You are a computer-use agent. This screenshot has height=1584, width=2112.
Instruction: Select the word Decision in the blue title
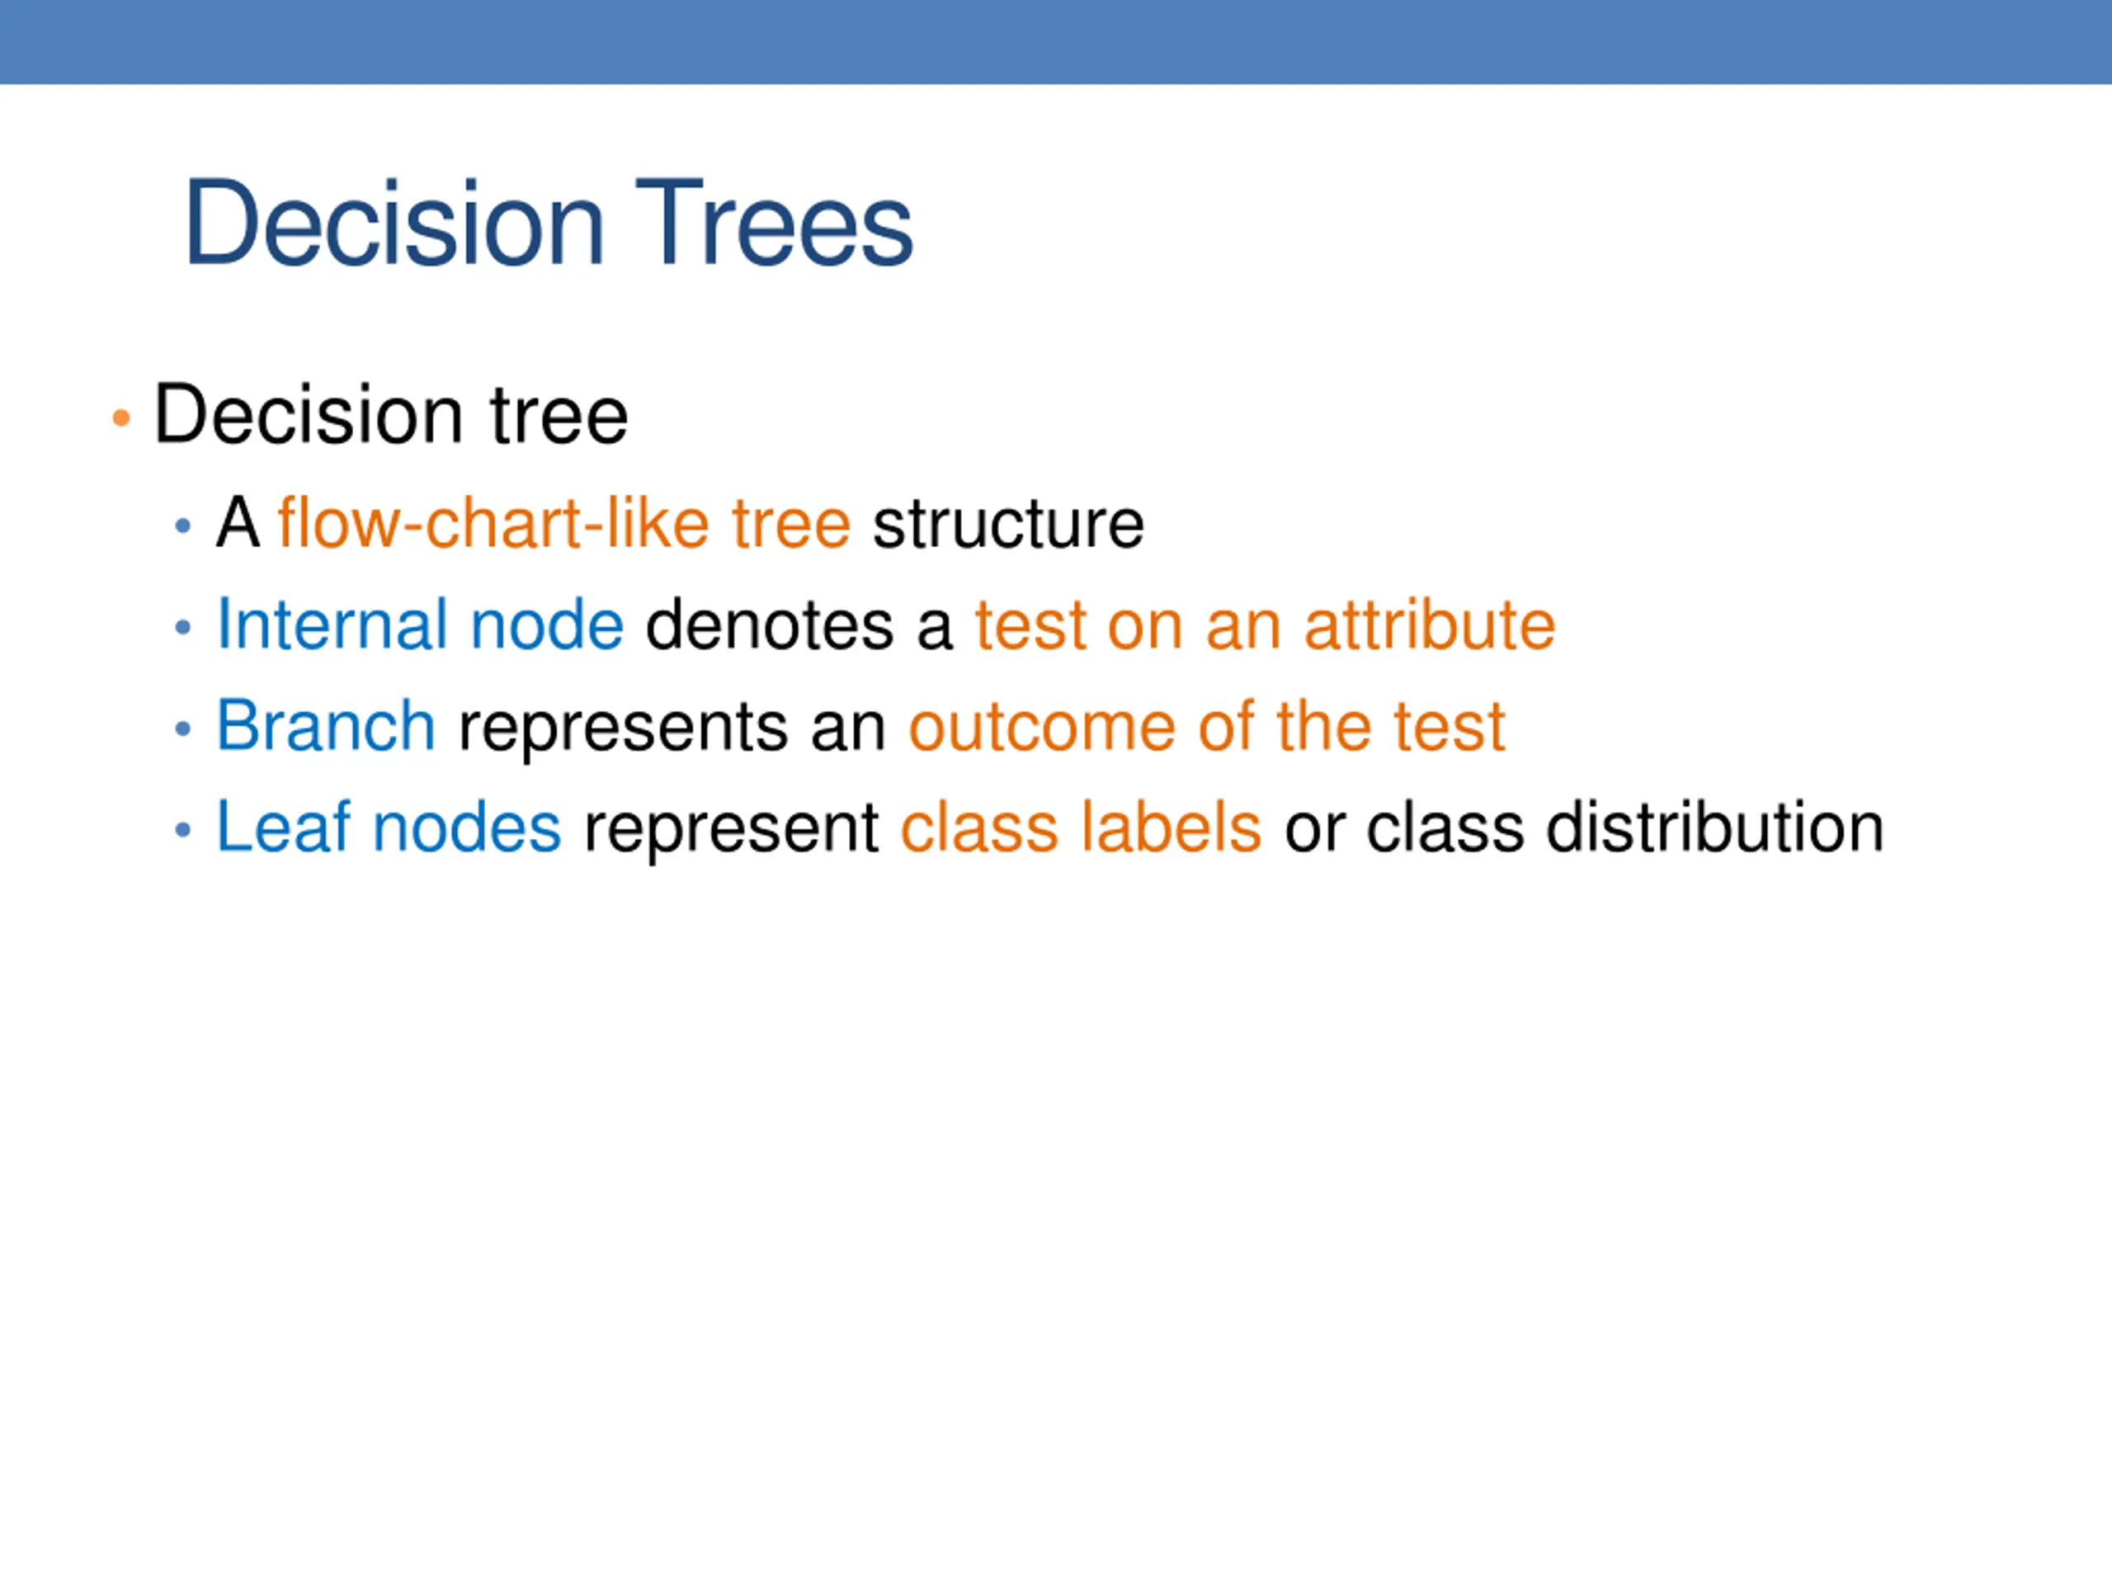click(394, 223)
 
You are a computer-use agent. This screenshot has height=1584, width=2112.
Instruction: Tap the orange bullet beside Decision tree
click(120, 417)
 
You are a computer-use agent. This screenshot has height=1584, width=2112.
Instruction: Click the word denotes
click(770, 625)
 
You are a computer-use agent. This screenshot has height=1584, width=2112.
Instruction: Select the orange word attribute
click(1430, 625)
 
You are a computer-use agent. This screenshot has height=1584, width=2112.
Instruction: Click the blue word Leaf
click(284, 827)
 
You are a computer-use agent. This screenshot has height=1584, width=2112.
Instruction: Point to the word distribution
click(1715, 827)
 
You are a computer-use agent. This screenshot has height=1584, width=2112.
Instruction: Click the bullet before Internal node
click(183, 627)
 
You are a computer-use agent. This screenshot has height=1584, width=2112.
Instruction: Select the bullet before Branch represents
click(183, 729)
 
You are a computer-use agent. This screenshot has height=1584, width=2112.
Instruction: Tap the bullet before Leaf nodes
click(183, 830)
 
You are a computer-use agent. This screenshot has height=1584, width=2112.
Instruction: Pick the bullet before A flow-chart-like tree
click(183, 526)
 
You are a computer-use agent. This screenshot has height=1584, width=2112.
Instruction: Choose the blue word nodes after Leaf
click(467, 827)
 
